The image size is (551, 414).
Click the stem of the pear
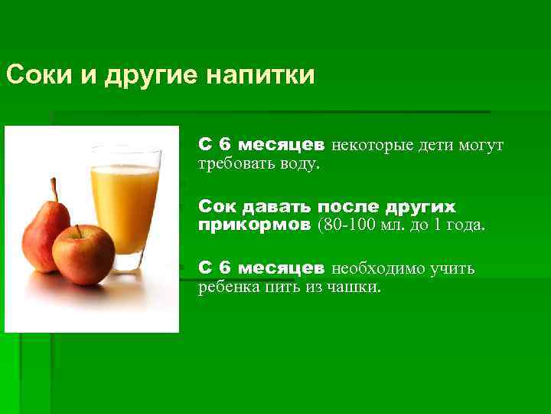click(x=54, y=188)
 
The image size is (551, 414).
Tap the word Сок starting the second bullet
click(x=217, y=208)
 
